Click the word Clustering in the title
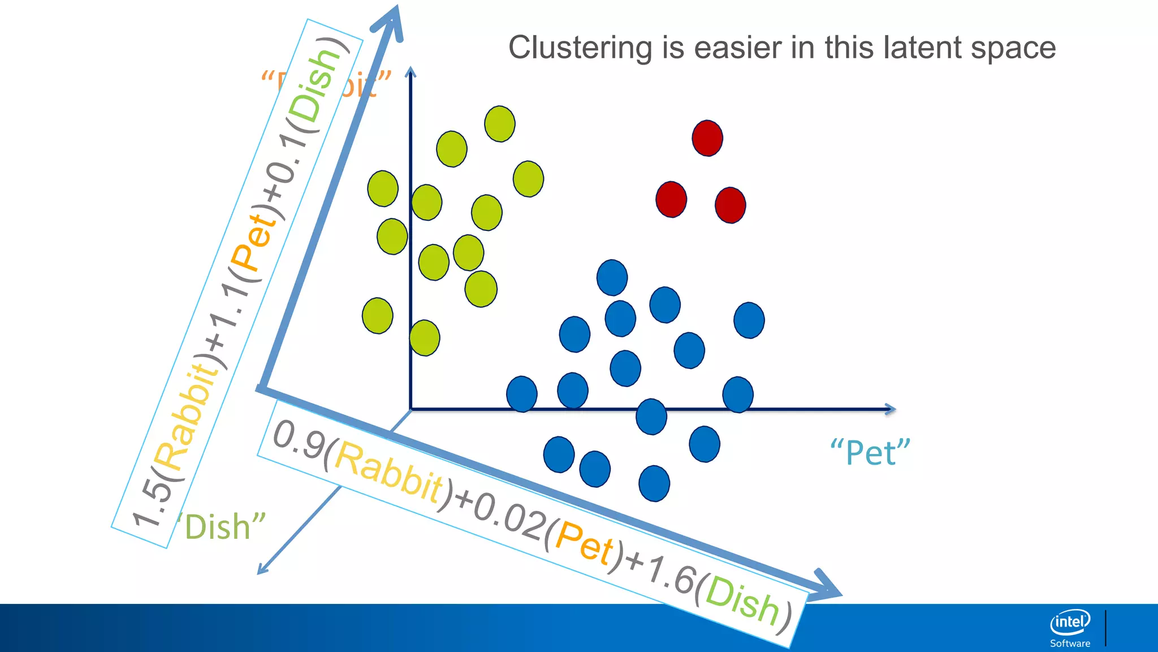pos(580,48)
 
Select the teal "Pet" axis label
pos(870,453)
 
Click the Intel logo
pos(1070,623)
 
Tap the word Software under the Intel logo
pos(1070,644)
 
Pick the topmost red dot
pos(707,138)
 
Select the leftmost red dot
pos(671,199)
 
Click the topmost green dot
pos(500,123)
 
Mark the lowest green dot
pos(425,338)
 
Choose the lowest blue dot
pos(654,483)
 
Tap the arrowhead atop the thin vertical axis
pos(411,72)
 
